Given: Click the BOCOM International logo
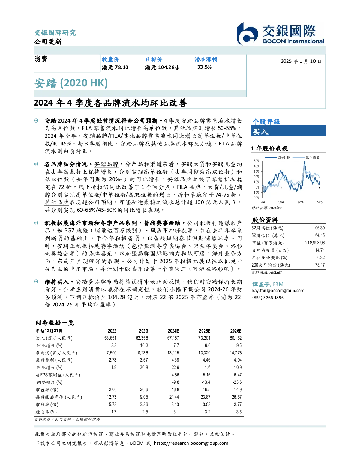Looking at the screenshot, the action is point(280,34).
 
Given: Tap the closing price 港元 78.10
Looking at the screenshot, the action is point(115,67).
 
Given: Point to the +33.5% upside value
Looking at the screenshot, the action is point(203,67).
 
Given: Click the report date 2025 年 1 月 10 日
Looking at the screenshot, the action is point(301,61).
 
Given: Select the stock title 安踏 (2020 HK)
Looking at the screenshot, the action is point(71,83).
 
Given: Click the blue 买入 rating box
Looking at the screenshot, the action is point(288,131).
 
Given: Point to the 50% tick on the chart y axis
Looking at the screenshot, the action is point(257,161).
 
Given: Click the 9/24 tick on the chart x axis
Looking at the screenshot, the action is point(300,202).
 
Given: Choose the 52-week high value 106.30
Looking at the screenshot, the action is point(319,228).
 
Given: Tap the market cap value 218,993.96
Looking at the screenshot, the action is point(315,243).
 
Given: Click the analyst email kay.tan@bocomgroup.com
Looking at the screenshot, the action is point(278,291).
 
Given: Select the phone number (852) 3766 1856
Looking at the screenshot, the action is point(268,298).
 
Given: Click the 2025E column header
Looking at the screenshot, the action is point(205,331).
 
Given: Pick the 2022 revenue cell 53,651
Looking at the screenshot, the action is point(110,338).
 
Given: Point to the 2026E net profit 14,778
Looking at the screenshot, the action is point(236,353).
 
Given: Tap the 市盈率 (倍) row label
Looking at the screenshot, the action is point(47,390).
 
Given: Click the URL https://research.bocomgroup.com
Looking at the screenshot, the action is point(191,443).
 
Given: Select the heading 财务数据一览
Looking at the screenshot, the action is point(55,323).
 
